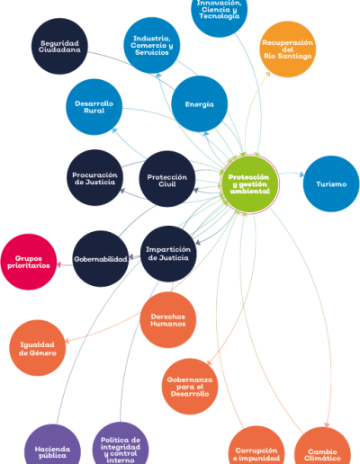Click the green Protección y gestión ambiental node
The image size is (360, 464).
(249, 183)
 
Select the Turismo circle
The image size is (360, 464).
(331, 183)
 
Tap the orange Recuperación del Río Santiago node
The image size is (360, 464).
(287, 49)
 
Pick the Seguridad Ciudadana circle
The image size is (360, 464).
(59, 46)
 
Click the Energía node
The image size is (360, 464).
(200, 104)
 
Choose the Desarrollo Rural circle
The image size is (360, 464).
(94, 107)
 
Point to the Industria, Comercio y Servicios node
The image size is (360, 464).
(152, 45)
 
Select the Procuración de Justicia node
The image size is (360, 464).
(94, 178)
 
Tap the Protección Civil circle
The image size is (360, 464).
(167, 179)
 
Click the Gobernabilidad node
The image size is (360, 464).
(101, 259)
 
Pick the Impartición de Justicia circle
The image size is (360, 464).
(168, 254)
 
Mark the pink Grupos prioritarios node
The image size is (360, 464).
(29, 262)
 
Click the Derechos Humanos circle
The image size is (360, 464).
(168, 320)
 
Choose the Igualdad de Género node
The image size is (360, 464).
(38, 348)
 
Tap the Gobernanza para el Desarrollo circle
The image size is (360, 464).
(190, 387)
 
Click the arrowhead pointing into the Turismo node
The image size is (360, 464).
(301, 174)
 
